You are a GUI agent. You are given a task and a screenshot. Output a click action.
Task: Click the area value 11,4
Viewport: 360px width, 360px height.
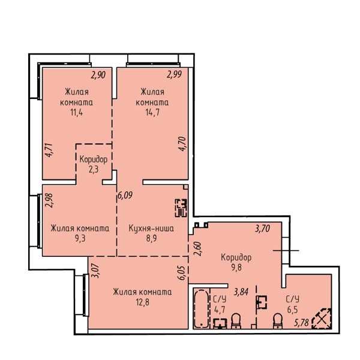(76, 113)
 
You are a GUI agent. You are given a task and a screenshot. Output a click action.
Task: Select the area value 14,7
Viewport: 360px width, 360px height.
(152, 113)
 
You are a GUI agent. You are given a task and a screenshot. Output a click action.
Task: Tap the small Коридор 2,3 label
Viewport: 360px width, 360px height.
(93, 164)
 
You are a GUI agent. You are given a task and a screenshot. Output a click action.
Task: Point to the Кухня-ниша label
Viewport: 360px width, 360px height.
(151, 229)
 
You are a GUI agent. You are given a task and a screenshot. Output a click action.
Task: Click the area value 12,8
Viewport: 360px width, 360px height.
(142, 302)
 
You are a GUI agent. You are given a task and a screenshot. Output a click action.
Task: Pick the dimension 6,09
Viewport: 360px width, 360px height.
(125, 196)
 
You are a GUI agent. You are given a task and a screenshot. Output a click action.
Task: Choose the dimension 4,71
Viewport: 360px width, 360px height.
(49, 150)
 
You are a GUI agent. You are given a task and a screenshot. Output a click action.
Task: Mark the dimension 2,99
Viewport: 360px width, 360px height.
(174, 74)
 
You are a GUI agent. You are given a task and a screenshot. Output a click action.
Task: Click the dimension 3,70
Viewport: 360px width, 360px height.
(262, 229)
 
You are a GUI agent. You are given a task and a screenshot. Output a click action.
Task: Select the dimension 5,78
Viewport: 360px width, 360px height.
(301, 323)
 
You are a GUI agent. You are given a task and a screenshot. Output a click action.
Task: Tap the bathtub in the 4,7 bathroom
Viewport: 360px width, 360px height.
(202, 309)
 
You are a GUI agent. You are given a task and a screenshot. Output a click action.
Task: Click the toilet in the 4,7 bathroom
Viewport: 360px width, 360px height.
(236, 321)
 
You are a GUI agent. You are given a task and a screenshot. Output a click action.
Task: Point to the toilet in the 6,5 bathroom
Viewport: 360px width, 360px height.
(278, 321)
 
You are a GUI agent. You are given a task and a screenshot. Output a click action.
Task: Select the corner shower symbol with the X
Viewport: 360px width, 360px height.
(322, 319)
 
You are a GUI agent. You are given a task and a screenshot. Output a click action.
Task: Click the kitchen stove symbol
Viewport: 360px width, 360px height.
(181, 208)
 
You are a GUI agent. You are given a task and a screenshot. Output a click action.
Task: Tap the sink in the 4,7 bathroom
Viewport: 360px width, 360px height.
(220, 324)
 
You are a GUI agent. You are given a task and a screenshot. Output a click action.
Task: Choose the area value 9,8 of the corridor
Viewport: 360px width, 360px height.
(236, 268)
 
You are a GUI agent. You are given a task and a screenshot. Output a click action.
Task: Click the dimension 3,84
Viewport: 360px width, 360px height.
(241, 292)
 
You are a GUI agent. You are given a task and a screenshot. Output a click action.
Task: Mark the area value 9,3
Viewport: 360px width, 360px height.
(80, 239)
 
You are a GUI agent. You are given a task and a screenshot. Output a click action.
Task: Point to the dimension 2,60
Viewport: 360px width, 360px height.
(197, 249)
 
